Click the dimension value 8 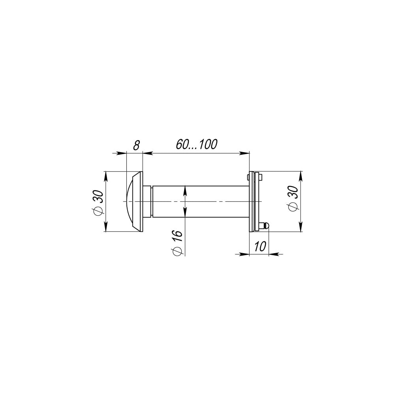pos(136,145)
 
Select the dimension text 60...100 pos(196,144)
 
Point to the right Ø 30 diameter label pos(293,199)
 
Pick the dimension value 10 pos(260,246)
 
